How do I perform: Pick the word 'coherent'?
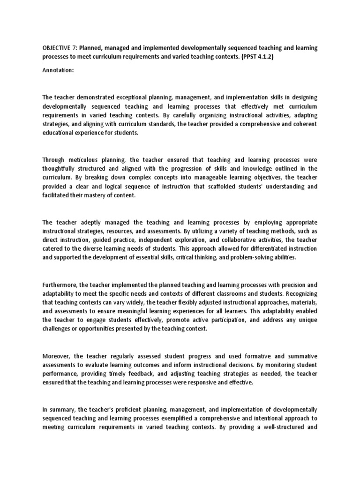click(304, 124)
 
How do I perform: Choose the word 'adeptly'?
click(96, 222)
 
